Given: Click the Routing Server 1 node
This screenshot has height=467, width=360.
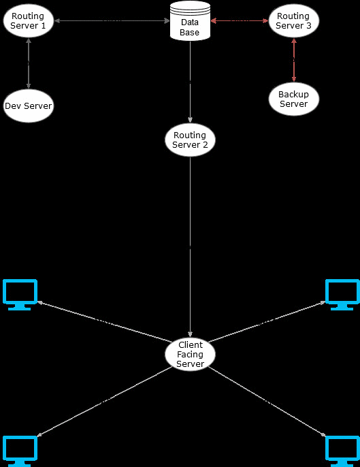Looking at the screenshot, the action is point(29,21).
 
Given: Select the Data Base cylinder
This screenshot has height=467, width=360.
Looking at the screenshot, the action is point(190,21).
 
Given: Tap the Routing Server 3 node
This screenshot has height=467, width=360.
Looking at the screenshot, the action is point(294,21).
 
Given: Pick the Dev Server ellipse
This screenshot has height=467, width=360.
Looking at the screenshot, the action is point(29,106).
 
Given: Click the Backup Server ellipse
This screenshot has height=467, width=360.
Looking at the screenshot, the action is point(294,99).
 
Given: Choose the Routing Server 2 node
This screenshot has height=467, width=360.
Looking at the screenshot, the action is point(191,140).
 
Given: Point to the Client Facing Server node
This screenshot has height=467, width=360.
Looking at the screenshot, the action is point(191,354).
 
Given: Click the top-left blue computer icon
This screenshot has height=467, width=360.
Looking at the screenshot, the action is point(20,295).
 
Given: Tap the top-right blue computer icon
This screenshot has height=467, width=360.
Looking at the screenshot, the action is point(342,295).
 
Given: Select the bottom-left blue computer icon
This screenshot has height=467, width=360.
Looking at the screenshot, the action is point(20,451).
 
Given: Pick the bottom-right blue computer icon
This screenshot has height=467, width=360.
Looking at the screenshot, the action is point(342,451).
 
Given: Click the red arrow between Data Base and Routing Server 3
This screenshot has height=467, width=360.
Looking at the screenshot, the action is point(240,21).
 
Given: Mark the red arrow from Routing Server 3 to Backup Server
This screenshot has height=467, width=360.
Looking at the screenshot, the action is point(294,60).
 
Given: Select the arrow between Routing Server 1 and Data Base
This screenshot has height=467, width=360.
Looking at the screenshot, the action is point(112,21).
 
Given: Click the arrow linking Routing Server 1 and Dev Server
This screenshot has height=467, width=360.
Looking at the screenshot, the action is point(29,63).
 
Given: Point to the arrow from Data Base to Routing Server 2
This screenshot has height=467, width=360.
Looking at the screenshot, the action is point(191,82).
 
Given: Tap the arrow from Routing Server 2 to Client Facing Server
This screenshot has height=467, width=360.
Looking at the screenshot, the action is point(191,247).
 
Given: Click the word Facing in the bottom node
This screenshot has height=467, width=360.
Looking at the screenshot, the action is point(190,355).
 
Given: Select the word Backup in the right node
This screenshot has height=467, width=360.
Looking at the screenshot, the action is point(293,95).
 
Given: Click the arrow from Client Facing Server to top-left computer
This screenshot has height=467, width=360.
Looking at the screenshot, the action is point(105,321).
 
